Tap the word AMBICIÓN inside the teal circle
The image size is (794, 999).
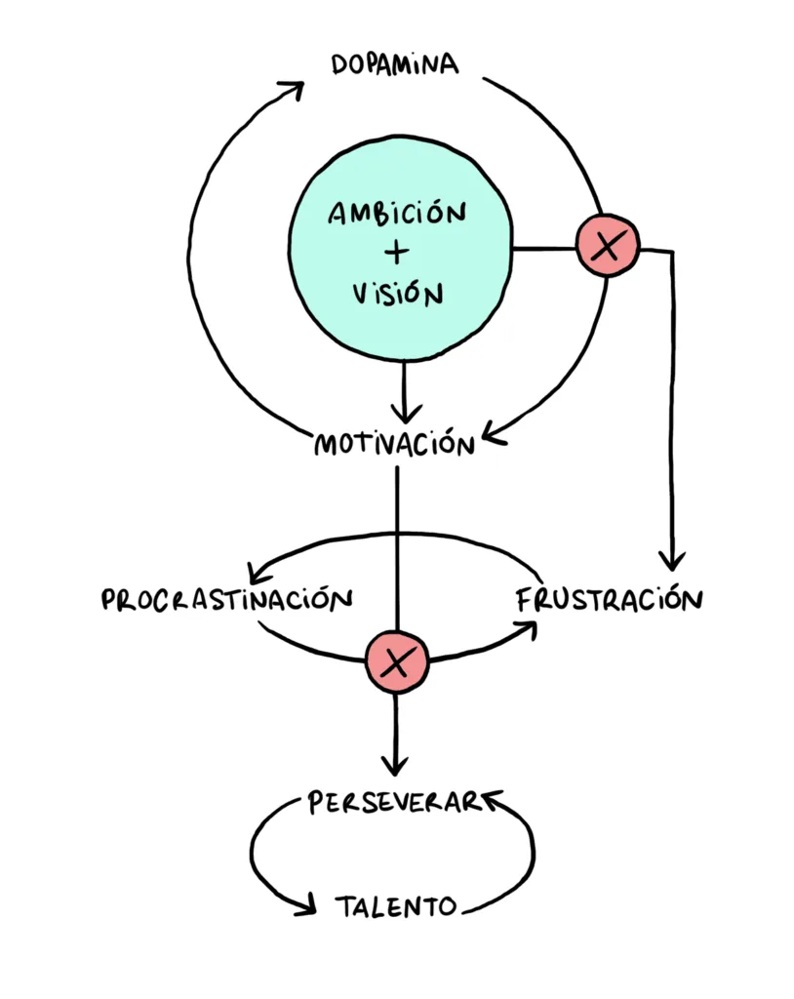pos(396,213)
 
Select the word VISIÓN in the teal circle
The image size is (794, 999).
pos(397,292)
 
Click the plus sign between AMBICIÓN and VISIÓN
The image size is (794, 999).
pos(396,252)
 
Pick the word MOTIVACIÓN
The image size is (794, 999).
pos(395,445)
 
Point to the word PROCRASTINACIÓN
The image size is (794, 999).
pos(226,598)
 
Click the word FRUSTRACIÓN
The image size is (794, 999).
pos(609,598)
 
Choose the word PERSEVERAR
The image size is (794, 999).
pos(393,802)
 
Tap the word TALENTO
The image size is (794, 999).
pos(396,906)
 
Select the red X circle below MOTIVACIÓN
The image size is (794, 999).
pos(396,662)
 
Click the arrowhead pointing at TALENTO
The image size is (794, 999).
pos(307,906)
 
